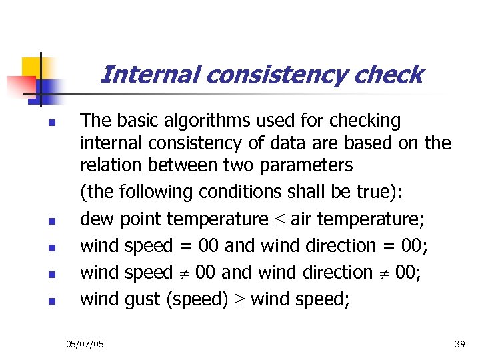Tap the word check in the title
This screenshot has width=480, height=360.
point(389,75)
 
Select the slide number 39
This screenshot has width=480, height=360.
point(459,343)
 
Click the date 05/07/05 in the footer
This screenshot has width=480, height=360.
point(85,343)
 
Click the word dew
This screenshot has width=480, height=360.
point(94,219)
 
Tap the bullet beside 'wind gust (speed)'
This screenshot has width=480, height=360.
point(41,301)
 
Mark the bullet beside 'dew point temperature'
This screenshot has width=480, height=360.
point(41,221)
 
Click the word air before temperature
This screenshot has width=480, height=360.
point(302,219)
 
